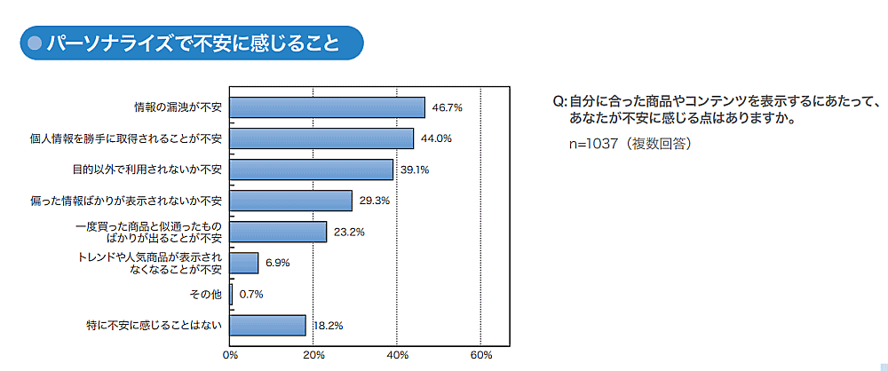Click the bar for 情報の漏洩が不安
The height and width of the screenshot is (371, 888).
(x=327, y=107)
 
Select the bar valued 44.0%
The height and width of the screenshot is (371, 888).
(x=321, y=138)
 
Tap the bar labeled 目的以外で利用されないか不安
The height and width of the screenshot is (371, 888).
(x=311, y=170)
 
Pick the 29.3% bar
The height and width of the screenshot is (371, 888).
(x=290, y=201)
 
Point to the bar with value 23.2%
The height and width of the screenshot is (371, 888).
(x=278, y=232)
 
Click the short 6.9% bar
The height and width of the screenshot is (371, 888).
(x=244, y=263)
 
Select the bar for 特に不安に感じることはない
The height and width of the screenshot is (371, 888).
(x=267, y=326)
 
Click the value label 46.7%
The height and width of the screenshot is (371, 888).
(x=447, y=107)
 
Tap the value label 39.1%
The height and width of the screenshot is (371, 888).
(x=415, y=170)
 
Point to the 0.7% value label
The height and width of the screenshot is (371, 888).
(x=250, y=295)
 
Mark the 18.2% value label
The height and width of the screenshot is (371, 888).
(x=328, y=327)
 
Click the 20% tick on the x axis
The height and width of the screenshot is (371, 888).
(x=313, y=356)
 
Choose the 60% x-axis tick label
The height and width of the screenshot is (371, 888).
(x=480, y=356)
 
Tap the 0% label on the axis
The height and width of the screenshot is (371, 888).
(x=230, y=356)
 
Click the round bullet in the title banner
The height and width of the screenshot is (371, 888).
(x=36, y=42)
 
